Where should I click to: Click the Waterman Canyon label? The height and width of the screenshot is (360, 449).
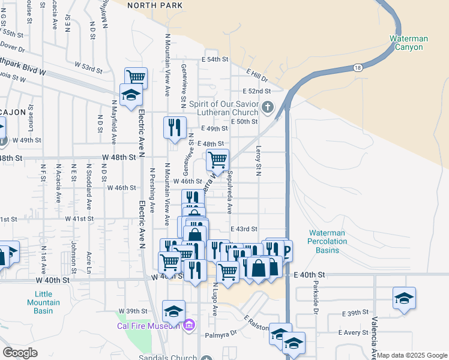click(409, 43)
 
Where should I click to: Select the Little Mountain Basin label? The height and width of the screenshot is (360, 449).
click(43, 298)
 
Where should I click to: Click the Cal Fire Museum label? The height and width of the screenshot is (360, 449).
click(148, 326)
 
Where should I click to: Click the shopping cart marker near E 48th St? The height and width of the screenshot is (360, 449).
click(217, 160)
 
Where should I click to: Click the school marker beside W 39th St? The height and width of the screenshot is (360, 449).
click(173, 311)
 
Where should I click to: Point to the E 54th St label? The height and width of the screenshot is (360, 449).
click(215, 60)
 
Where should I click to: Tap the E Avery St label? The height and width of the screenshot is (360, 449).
click(352, 332)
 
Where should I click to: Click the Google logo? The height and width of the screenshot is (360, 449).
click(20, 353)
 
